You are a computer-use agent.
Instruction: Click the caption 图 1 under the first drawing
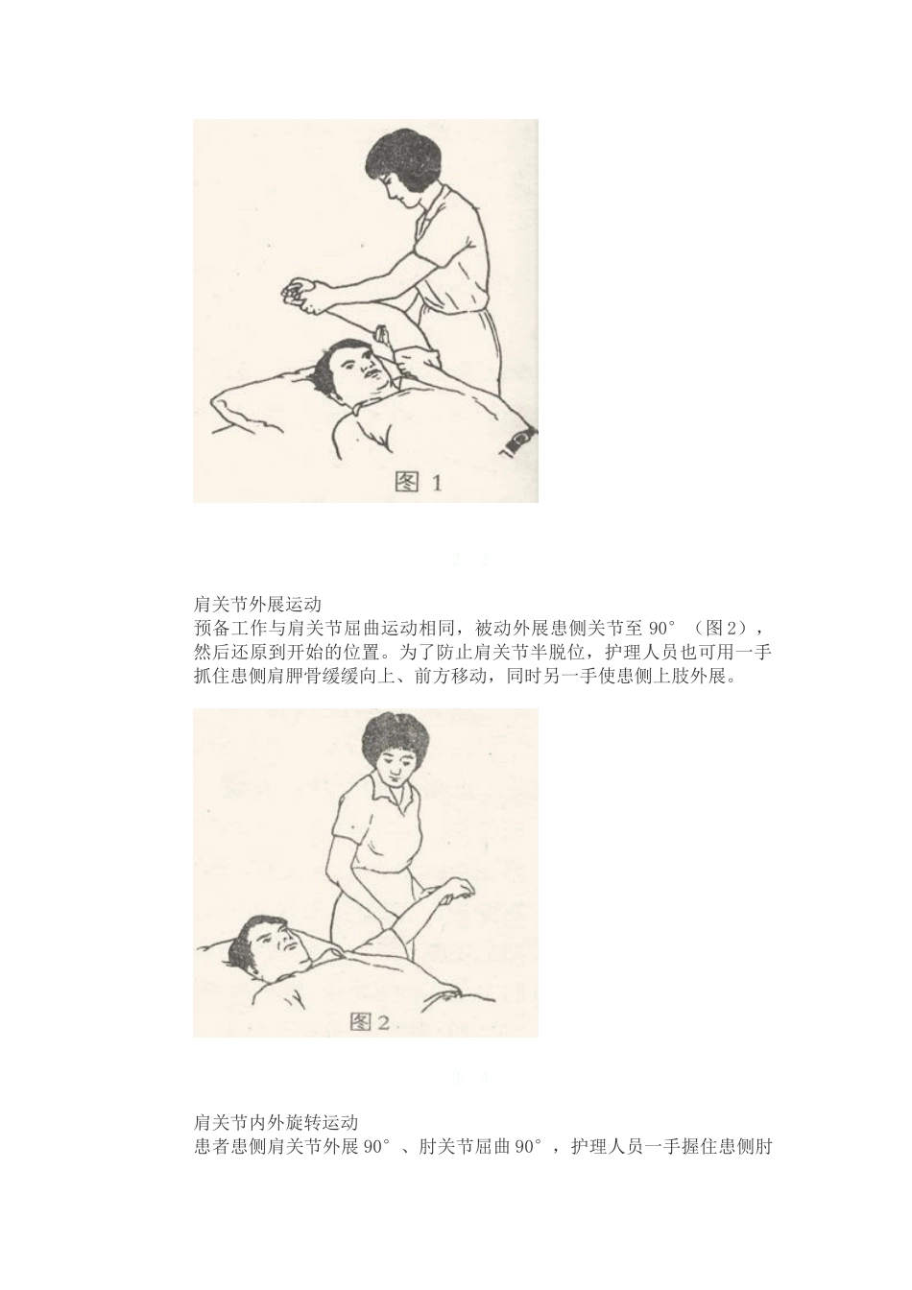pyautogui.click(x=419, y=483)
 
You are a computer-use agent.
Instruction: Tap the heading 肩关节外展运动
pyautogui.click(x=256, y=605)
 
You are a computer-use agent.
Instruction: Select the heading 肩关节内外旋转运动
pyautogui.click(x=276, y=1122)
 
